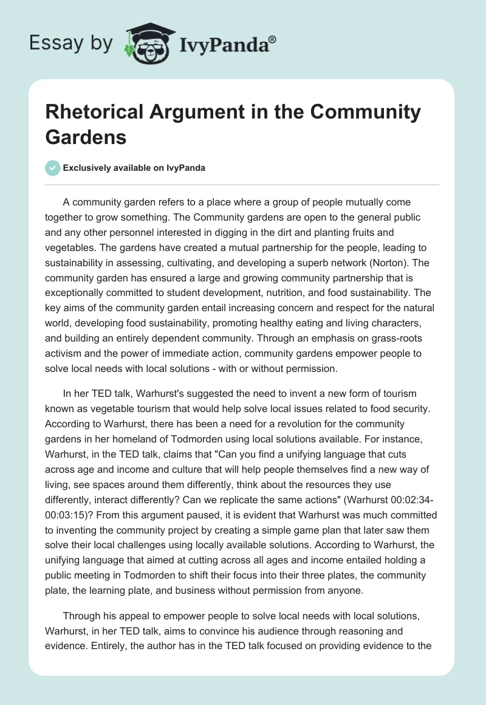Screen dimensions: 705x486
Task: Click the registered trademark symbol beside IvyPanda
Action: coord(272,39)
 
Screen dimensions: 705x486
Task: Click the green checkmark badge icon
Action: coord(53,168)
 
